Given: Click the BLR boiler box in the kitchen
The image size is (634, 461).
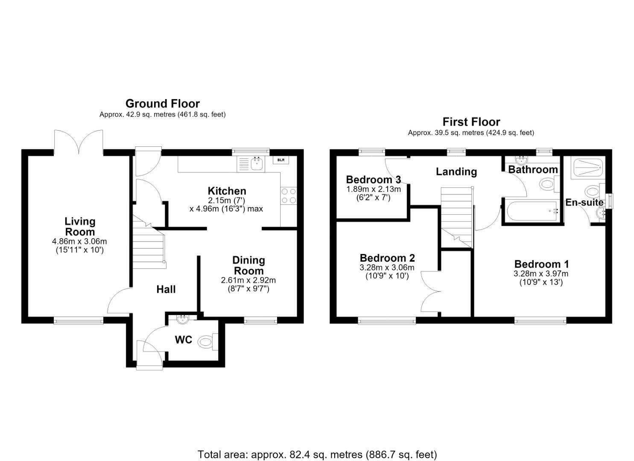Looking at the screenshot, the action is [x=281, y=160].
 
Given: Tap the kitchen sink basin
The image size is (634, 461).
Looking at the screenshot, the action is [x=257, y=164].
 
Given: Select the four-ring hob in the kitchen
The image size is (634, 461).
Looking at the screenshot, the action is [x=289, y=196].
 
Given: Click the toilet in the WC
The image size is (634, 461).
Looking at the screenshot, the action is [x=208, y=342].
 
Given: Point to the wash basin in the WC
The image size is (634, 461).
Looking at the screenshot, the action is [x=182, y=319].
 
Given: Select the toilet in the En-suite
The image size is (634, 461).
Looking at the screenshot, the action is [x=595, y=192].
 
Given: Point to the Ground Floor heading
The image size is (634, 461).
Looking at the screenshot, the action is [x=163, y=104].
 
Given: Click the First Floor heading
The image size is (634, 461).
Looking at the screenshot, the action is [x=471, y=122].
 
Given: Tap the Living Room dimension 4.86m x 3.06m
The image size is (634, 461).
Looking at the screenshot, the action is [x=79, y=242].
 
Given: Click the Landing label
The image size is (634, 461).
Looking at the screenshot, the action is [x=456, y=172].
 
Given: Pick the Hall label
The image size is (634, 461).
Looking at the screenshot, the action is [x=166, y=289].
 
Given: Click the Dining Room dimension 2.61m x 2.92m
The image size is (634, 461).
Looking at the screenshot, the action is [x=248, y=280].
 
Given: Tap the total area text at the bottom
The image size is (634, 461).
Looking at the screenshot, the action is [x=317, y=439].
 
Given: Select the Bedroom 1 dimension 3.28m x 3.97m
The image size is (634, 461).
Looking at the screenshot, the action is [x=541, y=274].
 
